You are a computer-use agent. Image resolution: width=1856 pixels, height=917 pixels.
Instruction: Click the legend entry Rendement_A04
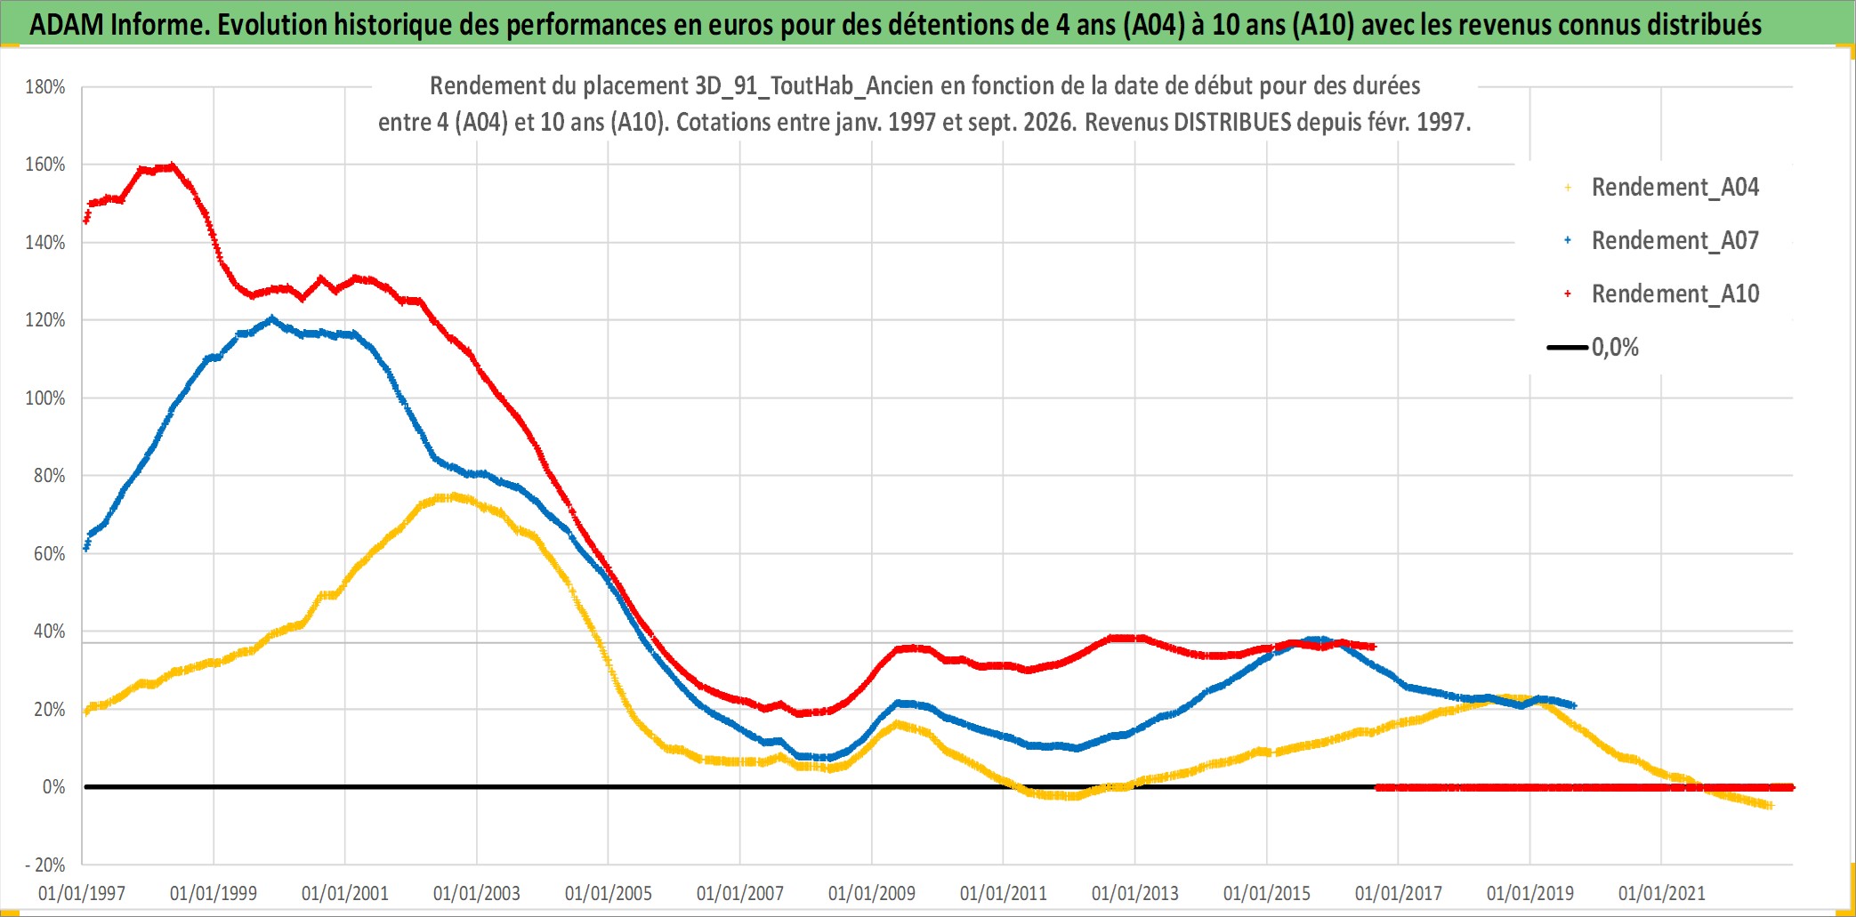click(x=1674, y=188)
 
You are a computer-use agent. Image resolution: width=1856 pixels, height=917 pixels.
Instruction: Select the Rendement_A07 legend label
click(x=1674, y=241)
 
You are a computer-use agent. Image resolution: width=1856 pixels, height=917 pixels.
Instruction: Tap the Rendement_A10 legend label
click(x=1674, y=294)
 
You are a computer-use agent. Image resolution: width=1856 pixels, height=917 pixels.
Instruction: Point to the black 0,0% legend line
click(x=1568, y=347)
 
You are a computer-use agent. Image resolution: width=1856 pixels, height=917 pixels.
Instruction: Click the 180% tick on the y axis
click(x=45, y=87)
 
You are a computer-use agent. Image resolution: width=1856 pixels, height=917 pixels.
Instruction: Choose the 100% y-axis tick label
click(x=45, y=398)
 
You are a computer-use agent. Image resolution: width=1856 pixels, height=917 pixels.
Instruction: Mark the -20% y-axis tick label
click(x=45, y=865)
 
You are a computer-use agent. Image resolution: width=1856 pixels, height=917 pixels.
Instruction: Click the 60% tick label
click(x=50, y=554)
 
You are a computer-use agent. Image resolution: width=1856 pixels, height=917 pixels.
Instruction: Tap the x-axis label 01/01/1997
click(x=82, y=893)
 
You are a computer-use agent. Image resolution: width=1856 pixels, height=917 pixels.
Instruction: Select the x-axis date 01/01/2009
click(x=872, y=893)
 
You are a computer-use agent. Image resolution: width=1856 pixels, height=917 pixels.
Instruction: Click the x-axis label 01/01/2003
click(x=477, y=893)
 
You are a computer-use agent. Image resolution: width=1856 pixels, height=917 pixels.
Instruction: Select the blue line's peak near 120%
click(x=271, y=318)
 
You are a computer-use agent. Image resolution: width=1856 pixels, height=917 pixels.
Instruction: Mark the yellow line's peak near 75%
click(x=454, y=496)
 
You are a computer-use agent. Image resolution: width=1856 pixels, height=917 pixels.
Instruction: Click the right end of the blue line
click(x=1574, y=705)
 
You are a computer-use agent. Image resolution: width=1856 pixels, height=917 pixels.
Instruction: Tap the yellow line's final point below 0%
click(x=1770, y=806)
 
